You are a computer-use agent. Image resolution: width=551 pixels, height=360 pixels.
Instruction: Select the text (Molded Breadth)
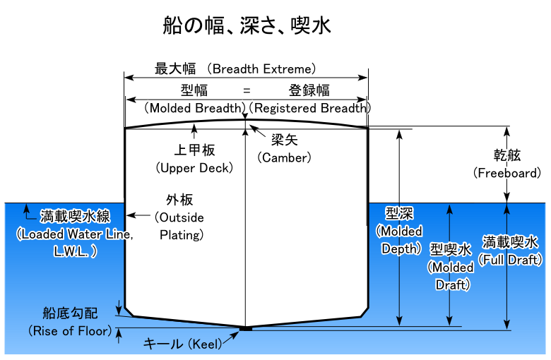click(x=195, y=109)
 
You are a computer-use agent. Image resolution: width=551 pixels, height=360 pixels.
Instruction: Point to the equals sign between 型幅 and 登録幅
click(x=247, y=90)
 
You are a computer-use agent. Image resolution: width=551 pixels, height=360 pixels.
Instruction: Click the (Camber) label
click(x=284, y=157)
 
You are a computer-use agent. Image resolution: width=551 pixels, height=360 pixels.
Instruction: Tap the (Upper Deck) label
click(x=194, y=169)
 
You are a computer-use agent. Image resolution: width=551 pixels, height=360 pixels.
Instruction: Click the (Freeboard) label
click(x=508, y=172)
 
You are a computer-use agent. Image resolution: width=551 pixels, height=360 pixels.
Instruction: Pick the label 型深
click(x=399, y=214)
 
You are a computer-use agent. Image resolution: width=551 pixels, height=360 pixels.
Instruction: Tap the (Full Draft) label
click(x=510, y=260)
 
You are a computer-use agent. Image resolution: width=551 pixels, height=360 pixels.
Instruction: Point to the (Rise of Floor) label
click(x=70, y=330)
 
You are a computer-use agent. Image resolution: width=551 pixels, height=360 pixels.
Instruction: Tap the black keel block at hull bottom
click(x=246, y=328)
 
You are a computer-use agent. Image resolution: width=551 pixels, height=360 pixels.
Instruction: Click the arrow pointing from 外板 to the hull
click(x=140, y=216)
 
